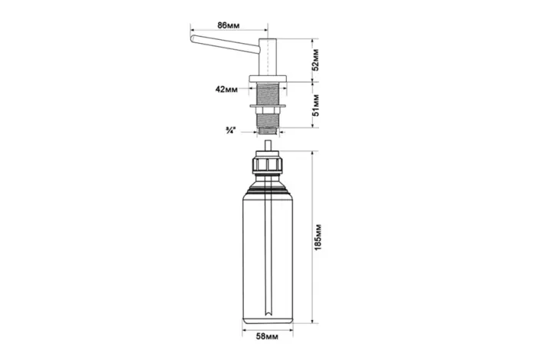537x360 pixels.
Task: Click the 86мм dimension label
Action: point(229,25)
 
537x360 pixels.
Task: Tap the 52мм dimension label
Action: point(316,60)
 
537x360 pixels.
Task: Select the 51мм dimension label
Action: point(316,105)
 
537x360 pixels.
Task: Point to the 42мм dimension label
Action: point(226,89)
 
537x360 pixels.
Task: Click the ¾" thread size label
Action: point(230,130)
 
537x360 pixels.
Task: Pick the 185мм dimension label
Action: point(318,237)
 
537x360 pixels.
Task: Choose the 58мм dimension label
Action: point(268,336)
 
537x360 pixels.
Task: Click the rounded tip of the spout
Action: point(193,38)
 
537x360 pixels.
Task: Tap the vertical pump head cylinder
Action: point(268,56)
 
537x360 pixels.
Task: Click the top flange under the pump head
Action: point(268,78)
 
